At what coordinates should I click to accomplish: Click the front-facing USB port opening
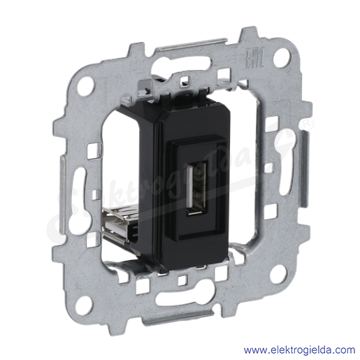(196, 188)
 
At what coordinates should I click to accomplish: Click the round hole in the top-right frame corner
(282, 57)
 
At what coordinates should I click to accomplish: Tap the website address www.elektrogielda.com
(299, 350)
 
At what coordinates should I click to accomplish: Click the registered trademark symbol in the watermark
(307, 124)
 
